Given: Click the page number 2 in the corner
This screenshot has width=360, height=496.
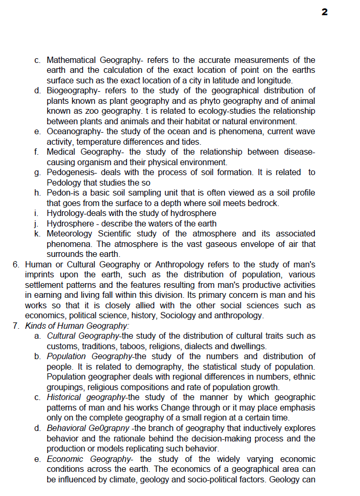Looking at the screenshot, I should (x=325, y=12).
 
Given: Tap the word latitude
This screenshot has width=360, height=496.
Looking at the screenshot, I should (x=231, y=81).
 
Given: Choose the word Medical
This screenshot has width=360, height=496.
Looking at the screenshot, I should (x=61, y=152).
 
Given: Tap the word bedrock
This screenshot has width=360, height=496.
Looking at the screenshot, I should (x=264, y=203).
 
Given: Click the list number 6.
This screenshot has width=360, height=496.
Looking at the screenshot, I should (x=16, y=264).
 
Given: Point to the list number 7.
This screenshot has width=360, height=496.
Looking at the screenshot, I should (x=16, y=326).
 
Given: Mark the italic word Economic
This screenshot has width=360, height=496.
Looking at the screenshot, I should (x=66, y=459).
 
